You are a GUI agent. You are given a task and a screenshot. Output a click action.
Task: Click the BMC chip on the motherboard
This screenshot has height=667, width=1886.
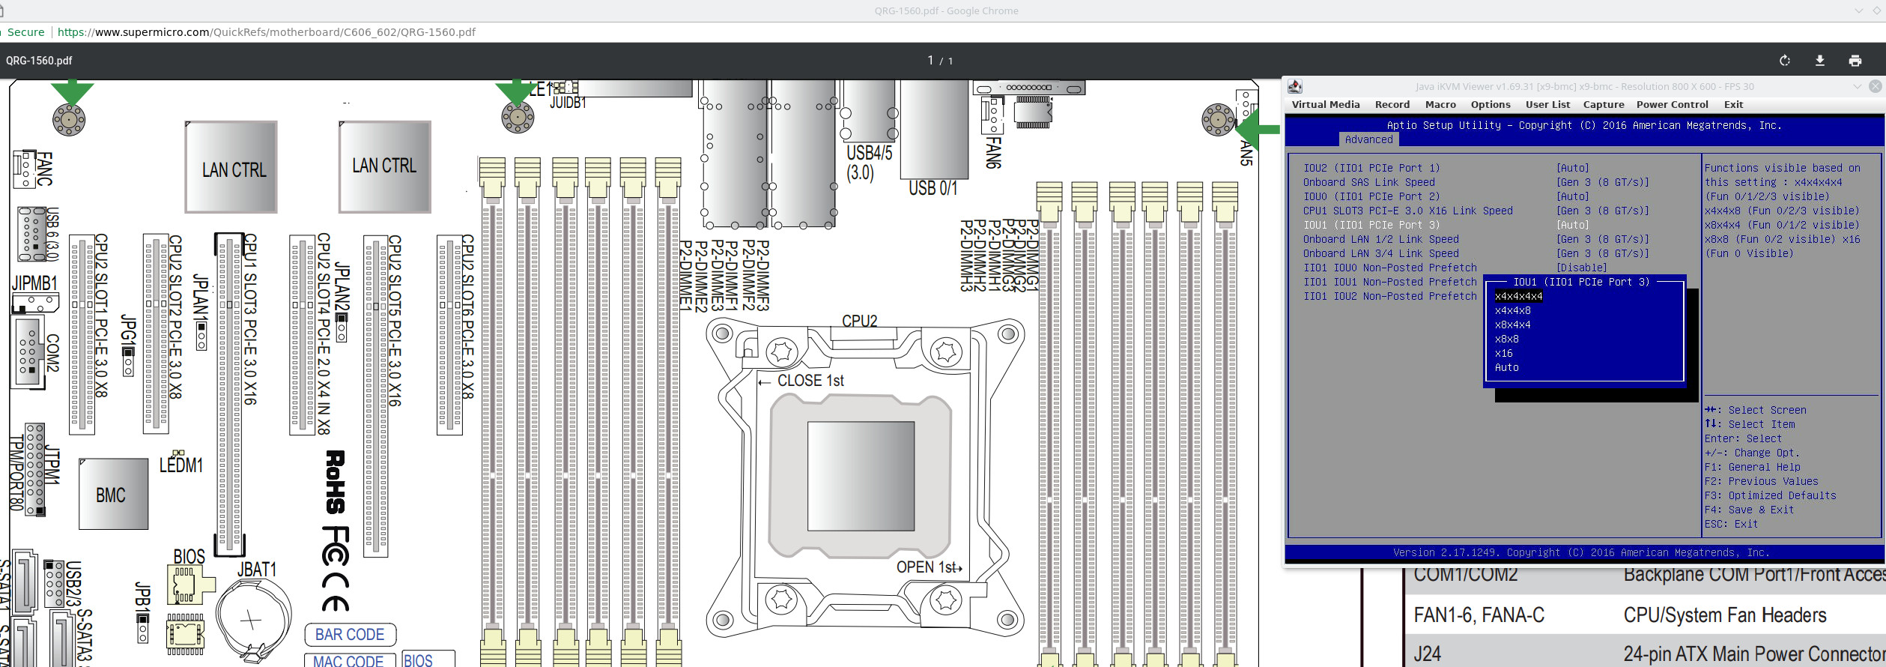tap(112, 495)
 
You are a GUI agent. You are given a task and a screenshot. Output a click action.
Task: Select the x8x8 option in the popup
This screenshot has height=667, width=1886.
tap(1506, 339)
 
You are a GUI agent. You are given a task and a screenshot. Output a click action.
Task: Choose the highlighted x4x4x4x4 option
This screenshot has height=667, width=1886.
tap(1517, 296)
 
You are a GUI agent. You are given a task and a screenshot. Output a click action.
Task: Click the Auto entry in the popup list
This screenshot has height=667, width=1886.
tap(1506, 367)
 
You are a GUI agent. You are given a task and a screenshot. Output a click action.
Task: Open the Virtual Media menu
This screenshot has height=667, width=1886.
tap(1325, 105)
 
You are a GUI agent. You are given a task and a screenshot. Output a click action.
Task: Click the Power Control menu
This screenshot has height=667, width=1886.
tap(1672, 105)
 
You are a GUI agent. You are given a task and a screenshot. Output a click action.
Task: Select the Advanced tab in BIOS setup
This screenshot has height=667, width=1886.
tap(1368, 139)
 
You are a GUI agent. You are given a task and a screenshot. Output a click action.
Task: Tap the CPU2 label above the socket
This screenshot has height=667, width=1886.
tap(859, 321)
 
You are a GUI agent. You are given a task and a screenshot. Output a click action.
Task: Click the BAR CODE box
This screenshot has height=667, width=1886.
tap(350, 635)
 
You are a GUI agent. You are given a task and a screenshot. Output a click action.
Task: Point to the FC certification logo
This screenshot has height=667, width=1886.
tap(336, 545)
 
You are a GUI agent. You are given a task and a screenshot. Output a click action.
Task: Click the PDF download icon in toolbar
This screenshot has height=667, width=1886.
tap(1819, 61)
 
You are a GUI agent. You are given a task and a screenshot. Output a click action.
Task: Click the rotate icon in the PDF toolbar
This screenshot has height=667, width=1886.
tap(1785, 61)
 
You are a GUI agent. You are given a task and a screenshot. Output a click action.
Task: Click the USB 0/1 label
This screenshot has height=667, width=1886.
tap(933, 188)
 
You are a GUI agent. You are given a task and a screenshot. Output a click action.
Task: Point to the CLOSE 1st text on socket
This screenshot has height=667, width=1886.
tap(810, 381)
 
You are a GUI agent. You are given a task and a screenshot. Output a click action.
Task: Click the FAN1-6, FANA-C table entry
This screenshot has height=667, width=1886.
tap(1479, 615)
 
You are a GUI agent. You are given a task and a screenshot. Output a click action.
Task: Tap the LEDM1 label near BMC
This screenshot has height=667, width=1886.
tap(181, 465)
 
